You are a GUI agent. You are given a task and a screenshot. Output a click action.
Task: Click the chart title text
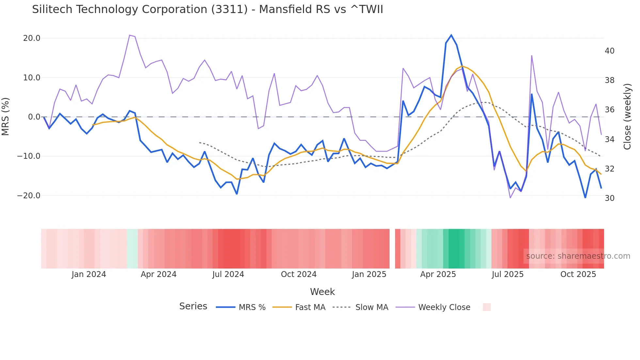[207, 9]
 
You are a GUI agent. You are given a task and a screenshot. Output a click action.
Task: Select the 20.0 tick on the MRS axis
[32, 38]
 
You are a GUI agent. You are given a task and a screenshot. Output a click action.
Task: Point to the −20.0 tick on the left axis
[29, 196]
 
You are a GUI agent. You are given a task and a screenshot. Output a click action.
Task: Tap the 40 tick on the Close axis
[609, 51]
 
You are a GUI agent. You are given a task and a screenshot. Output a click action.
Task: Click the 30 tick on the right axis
[609, 198]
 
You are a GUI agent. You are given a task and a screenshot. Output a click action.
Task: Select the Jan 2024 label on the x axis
[89, 274]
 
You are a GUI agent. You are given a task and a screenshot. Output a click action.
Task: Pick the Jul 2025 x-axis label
[507, 274]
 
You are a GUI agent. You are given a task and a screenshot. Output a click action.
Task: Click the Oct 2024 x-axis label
[298, 274]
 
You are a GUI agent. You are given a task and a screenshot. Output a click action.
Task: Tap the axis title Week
[322, 292]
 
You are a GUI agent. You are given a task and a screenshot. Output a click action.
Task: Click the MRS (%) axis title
[6, 117]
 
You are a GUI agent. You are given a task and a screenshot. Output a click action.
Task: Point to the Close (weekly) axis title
[627, 117]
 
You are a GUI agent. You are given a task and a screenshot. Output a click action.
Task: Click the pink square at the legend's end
[487, 307]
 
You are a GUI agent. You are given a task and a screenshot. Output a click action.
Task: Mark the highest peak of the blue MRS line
[451, 35]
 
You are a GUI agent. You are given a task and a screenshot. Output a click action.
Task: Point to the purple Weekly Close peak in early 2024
[130, 35]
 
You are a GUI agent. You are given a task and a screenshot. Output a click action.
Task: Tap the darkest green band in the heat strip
[456, 249]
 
